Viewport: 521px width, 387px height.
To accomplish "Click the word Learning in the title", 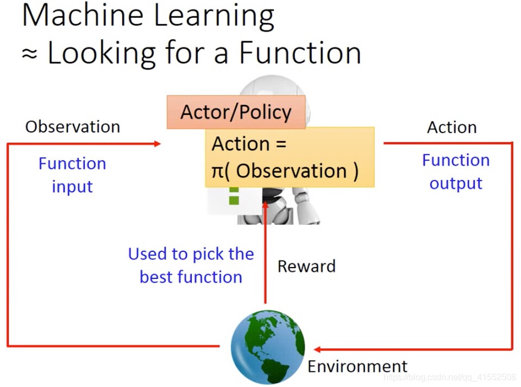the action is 214,17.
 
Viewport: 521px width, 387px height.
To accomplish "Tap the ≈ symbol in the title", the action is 29,53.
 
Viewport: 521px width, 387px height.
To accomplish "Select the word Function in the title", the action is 300,53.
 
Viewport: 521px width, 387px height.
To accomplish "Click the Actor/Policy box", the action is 236,112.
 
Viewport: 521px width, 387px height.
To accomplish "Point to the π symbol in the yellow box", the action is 218,172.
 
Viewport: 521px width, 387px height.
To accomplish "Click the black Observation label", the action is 73,127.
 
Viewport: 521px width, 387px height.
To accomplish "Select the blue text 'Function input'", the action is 72,175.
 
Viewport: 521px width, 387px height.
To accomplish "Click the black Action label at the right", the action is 452,128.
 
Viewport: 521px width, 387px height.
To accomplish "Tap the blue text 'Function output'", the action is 456,172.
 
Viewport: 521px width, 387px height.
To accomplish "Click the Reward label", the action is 306,266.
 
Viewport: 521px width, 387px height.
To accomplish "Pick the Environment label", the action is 357,366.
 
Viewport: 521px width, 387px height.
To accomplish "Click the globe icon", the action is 268,347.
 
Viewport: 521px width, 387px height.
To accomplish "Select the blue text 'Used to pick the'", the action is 191,254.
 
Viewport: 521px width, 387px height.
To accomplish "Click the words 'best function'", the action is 191,277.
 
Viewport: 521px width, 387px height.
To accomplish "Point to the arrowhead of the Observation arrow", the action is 158,144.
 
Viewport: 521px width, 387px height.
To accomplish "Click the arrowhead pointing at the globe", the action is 317,349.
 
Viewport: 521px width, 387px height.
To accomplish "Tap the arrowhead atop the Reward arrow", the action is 265,205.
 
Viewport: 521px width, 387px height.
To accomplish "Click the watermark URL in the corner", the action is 450,377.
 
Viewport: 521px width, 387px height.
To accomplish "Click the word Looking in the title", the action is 102,53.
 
